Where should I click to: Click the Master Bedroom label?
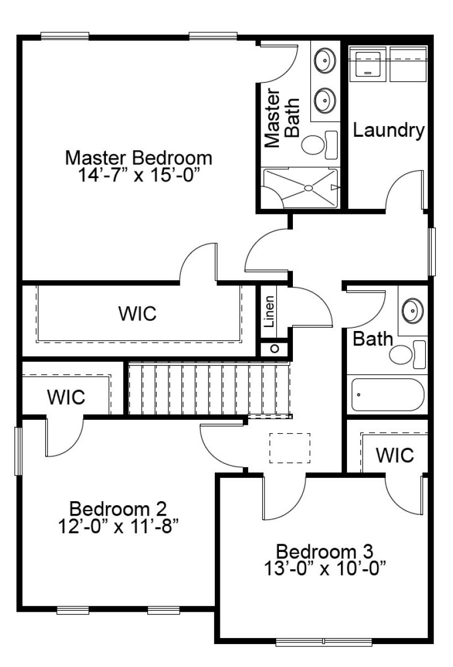tap(139, 158)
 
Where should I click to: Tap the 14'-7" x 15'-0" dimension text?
tap(139, 175)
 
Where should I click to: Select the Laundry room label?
tap(389, 131)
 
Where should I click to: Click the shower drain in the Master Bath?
tap(309, 188)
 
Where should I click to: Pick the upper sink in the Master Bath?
tap(325, 60)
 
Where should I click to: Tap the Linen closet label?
tap(269, 312)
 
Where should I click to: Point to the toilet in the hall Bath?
tap(407, 354)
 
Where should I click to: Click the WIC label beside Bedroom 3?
tap(395, 455)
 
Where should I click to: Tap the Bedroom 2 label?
tap(118, 508)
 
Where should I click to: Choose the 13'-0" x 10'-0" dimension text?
tap(325, 568)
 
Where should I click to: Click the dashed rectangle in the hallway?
tap(290, 448)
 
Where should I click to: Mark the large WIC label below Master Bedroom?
tap(137, 314)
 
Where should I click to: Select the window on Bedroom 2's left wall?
tap(18, 451)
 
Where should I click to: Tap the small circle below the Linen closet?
tap(275, 349)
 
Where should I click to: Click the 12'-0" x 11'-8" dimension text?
tap(118, 527)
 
